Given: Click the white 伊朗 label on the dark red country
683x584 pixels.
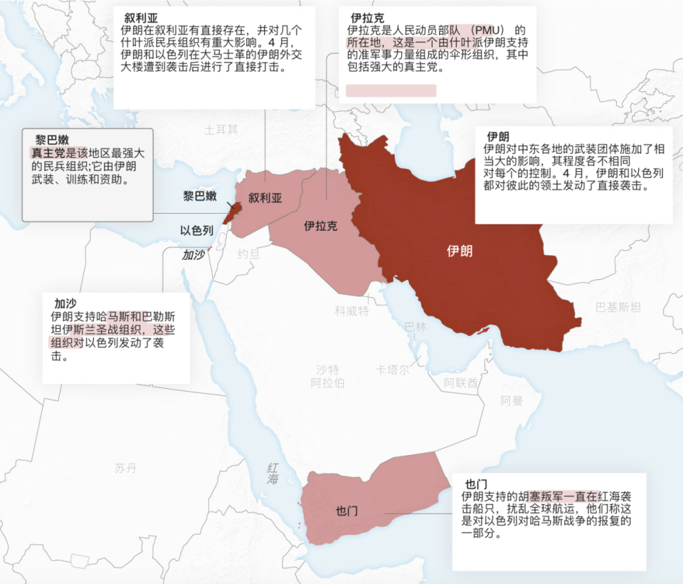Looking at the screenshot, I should coord(459,251).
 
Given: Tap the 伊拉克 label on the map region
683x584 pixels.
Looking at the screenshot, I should coord(320,226).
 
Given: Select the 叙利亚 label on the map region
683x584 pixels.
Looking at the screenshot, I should coord(265,198).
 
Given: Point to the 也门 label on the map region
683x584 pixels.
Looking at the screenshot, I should coord(346,511).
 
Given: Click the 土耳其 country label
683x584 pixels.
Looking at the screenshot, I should coord(221,130).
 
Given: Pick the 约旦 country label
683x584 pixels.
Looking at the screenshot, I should coord(249,253).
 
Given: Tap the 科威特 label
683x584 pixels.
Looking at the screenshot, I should coord(352,311).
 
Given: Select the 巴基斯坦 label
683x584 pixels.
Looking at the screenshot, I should coord(618,307).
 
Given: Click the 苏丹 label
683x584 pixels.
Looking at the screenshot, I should coord(125,468).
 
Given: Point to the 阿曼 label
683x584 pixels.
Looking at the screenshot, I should coord(512,401).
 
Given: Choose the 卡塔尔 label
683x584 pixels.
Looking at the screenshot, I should coord(393,370).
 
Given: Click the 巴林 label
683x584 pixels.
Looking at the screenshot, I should coord(415,326).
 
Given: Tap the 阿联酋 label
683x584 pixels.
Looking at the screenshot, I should coord(460,382).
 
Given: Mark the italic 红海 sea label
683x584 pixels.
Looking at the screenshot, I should coord(272,474).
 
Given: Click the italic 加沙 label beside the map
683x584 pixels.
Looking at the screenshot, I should coord(193,254).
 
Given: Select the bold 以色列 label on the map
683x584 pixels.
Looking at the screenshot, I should coord(196,230).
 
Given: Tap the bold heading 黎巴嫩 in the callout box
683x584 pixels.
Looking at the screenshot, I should coord(52,140).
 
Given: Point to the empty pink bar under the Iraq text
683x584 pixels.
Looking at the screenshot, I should coord(391,90).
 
